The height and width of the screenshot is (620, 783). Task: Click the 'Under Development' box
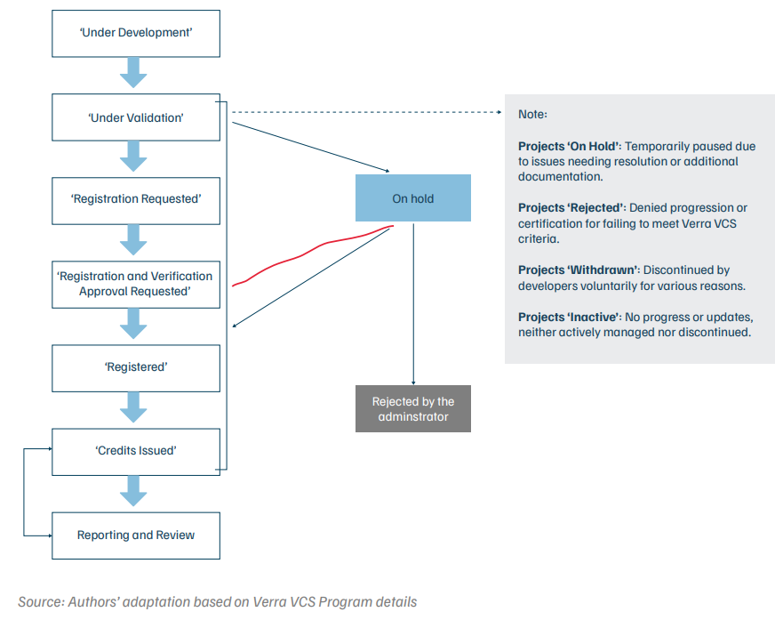(135, 33)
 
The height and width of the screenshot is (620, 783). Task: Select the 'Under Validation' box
(135, 117)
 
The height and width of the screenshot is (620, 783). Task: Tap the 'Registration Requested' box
(135, 198)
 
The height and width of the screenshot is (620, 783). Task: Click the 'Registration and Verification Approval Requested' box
(135, 284)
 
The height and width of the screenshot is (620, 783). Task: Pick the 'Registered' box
(135, 366)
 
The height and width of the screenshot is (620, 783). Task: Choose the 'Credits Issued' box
(135, 451)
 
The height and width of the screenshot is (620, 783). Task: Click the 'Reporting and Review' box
(135, 535)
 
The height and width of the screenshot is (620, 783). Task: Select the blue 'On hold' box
(412, 198)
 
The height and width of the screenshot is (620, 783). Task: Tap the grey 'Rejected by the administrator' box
(412, 409)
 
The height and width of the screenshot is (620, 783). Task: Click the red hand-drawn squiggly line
(311, 252)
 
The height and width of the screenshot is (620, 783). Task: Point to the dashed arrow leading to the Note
(364, 113)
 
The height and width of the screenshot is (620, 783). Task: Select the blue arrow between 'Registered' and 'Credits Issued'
(133, 407)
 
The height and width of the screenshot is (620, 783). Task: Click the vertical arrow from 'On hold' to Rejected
(413, 302)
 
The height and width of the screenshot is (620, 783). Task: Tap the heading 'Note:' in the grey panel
(533, 115)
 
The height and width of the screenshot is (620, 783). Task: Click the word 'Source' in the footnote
(40, 601)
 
